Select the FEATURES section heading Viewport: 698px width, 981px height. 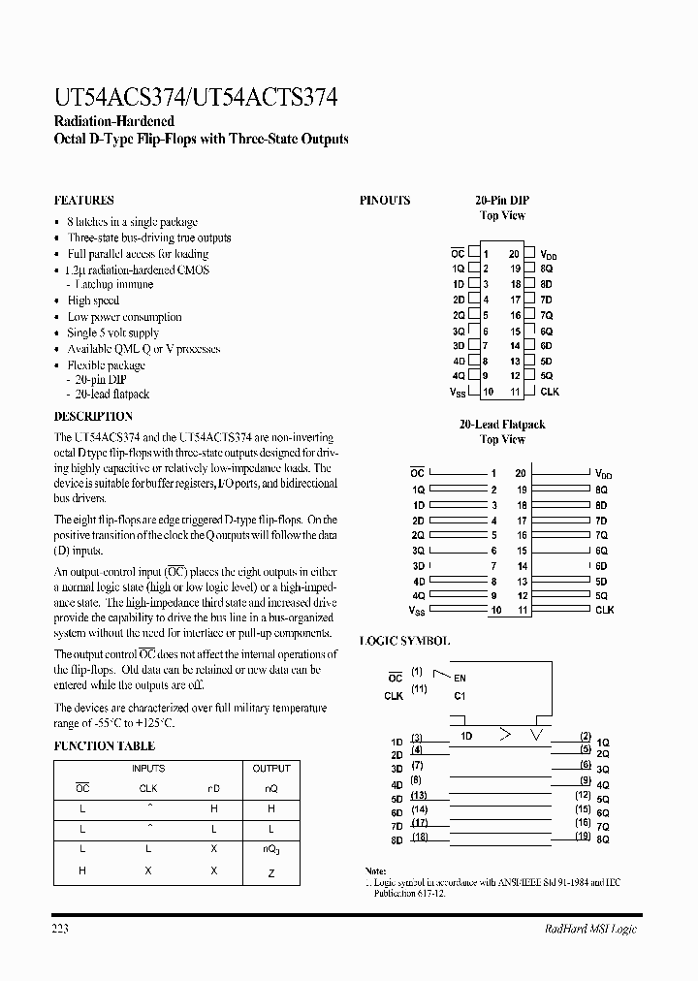(83, 201)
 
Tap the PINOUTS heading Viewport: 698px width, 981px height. (385, 201)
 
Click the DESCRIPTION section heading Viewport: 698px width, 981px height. (93, 416)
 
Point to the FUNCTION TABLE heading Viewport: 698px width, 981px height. (104, 745)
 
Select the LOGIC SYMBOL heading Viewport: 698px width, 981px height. (404, 641)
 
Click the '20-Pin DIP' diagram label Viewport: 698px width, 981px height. (502, 201)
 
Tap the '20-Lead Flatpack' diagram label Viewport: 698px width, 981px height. (502, 425)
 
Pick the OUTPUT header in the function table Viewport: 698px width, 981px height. (271, 769)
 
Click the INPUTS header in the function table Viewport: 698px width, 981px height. (147, 769)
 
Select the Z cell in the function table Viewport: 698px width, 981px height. (271, 873)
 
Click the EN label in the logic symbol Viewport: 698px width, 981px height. (460, 679)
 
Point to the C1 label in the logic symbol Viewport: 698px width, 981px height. (460, 695)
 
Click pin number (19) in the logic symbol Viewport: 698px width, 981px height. (583, 836)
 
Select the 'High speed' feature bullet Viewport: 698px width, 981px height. (93, 301)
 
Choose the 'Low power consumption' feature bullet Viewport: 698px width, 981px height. (124, 317)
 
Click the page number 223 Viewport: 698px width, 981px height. (60, 930)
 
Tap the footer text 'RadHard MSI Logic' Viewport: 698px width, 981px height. (588, 930)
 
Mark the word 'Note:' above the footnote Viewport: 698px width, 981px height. (375, 871)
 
